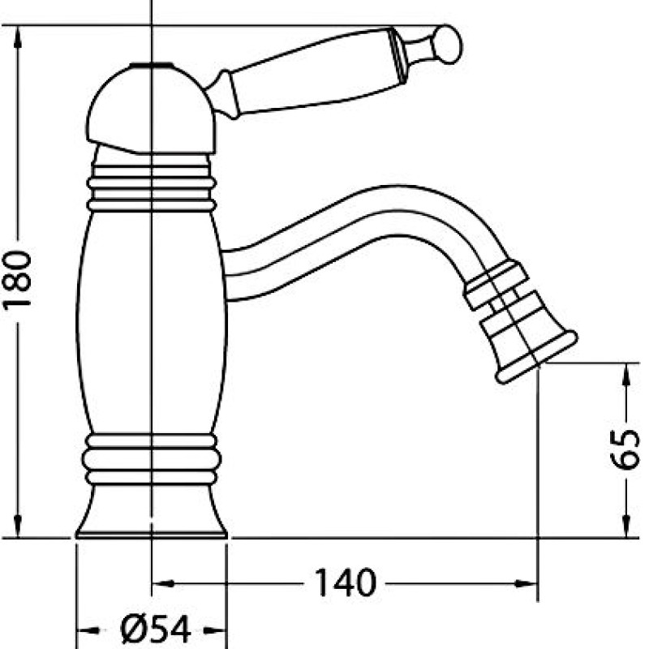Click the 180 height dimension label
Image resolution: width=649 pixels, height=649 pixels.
click(17, 280)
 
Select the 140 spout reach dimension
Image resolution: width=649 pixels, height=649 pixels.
click(346, 582)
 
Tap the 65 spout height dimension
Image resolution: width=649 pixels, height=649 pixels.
click(625, 449)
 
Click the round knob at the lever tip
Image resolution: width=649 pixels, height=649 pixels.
click(449, 45)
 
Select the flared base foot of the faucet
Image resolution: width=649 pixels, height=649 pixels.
click(152, 511)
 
